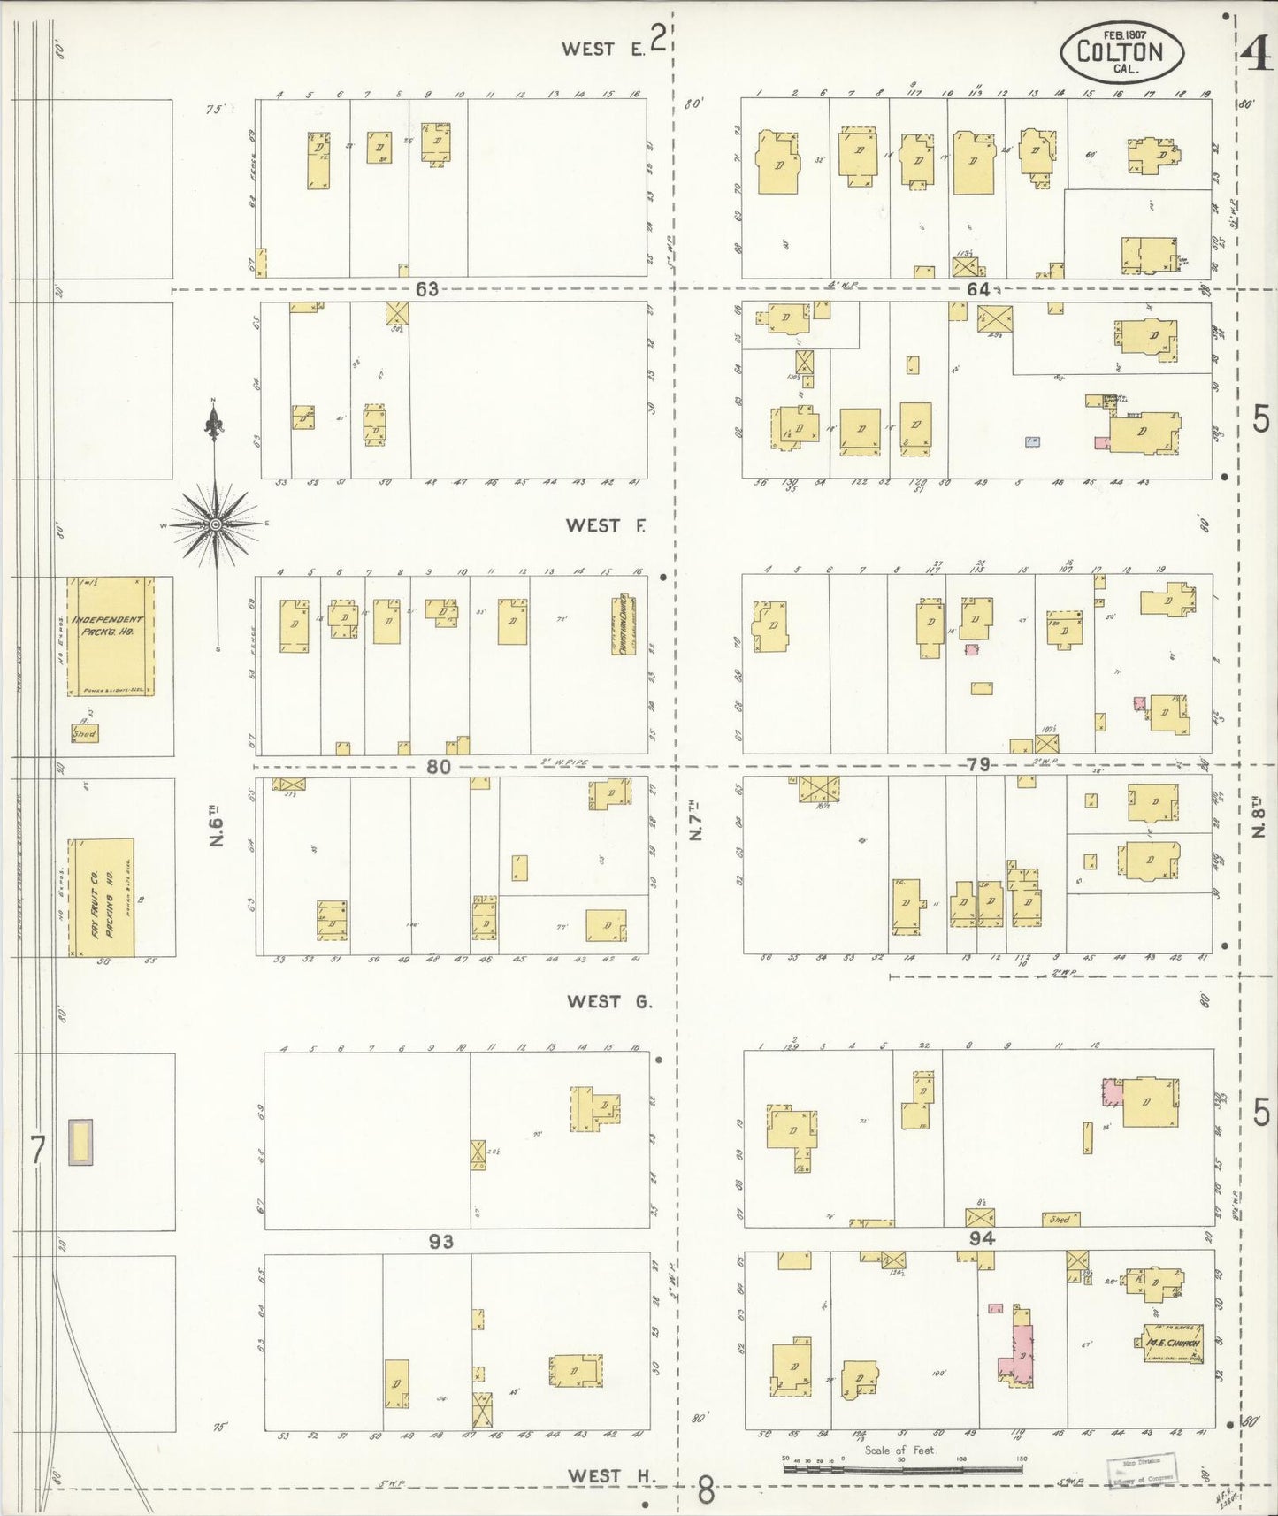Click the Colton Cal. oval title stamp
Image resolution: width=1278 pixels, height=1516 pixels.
(x=1122, y=51)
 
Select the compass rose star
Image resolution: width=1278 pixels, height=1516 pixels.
(x=215, y=524)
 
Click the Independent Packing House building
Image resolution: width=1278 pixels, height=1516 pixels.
(x=111, y=636)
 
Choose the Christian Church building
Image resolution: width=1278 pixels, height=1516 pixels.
(x=623, y=624)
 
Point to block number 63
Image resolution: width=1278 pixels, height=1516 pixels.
(x=427, y=289)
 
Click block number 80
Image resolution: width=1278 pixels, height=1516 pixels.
(x=439, y=767)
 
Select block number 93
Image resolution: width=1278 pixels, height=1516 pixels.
(x=440, y=1242)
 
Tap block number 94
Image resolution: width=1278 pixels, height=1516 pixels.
(x=982, y=1239)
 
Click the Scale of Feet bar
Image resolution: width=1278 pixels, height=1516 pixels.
(x=902, y=1469)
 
